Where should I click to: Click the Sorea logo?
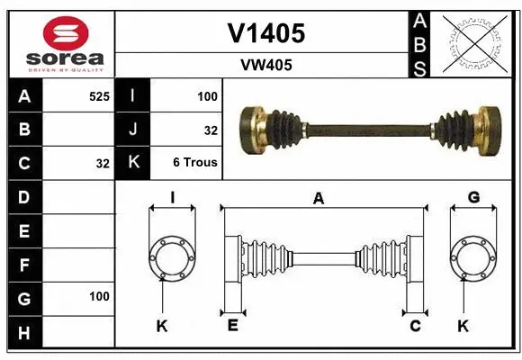(x=60, y=43)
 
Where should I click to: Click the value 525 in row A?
(x=99, y=95)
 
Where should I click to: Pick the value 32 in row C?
(x=103, y=164)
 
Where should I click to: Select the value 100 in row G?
(x=99, y=297)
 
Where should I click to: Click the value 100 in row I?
(x=207, y=95)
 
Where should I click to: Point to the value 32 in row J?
(x=211, y=130)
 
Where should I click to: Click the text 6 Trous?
(x=195, y=164)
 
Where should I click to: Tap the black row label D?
(x=23, y=197)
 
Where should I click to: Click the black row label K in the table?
(x=133, y=164)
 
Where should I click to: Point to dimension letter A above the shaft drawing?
(x=318, y=200)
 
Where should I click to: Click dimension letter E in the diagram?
(x=232, y=325)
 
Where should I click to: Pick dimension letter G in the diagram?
(x=473, y=198)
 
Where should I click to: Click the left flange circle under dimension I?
(x=172, y=257)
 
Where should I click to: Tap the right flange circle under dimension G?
(x=473, y=257)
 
